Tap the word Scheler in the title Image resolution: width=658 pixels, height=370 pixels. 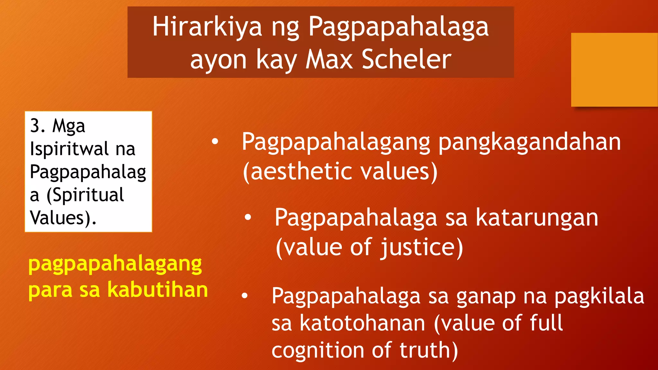pos(406,60)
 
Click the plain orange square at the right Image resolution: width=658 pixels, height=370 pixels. pos(614,69)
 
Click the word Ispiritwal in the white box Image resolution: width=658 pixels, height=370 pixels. pos(69,149)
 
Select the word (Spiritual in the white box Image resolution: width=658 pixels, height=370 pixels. pos(85,195)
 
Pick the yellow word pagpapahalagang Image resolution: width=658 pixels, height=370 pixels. pos(115,265)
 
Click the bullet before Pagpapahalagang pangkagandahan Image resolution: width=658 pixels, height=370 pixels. pos(215,141)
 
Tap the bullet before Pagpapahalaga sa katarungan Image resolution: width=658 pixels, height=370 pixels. pos(248,217)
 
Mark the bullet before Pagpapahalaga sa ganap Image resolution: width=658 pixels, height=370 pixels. pos(245,295)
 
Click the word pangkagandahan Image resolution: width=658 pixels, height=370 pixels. pos(529,142)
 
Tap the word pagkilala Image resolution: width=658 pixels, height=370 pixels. pos(599,296)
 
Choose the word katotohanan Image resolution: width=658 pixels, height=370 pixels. pos(362,323)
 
